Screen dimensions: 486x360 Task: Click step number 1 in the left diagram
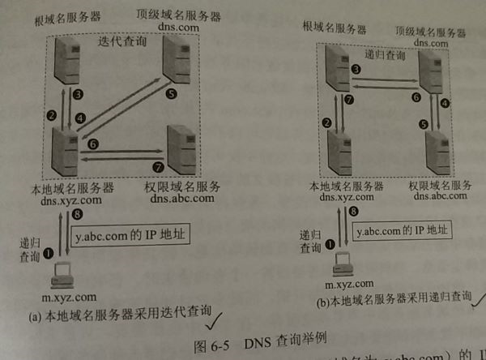pyautogui.click(x=48, y=252)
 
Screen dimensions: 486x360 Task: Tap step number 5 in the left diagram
pyautogui.click(x=171, y=94)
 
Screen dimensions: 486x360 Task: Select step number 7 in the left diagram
pyautogui.click(x=159, y=167)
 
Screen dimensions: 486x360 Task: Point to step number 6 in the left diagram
pyautogui.click(x=93, y=144)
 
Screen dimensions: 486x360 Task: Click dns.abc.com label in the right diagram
pyautogui.click(x=437, y=195)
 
